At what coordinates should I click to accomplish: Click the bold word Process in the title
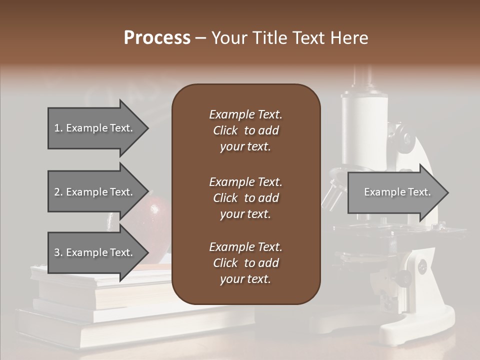pos(157,38)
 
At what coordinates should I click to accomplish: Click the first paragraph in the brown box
pos(245,130)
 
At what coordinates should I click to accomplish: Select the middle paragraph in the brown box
pos(245,198)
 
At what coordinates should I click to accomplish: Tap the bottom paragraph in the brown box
pos(245,263)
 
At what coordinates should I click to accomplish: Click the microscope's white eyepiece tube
pos(364,125)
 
